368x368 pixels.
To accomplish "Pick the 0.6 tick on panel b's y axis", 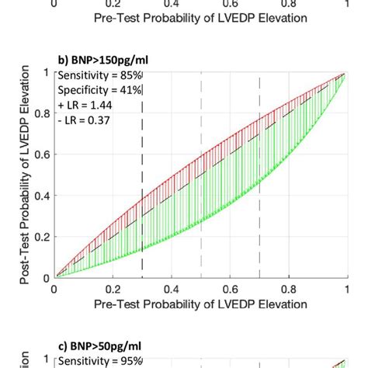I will click(x=39, y=154).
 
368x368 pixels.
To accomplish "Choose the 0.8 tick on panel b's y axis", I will click(x=39, y=113).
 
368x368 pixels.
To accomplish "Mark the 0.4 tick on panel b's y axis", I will click(x=39, y=196).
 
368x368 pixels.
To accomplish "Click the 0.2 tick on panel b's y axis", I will click(x=39, y=237).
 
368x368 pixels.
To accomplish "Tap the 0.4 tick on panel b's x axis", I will click(x=171, y=289).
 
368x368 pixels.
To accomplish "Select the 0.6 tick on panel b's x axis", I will click(x=230, y=289).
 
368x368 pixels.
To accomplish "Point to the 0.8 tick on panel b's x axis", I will click(x=289, y=289).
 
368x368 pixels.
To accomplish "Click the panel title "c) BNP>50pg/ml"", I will click(x=96, y=345).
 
